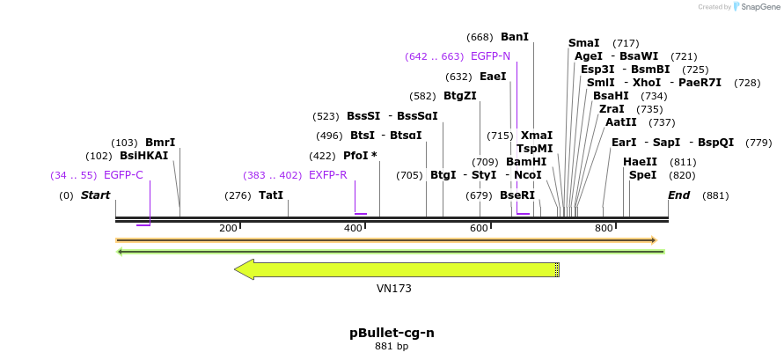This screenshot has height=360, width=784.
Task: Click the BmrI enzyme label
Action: click(160, 142)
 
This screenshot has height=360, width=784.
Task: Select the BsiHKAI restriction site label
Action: click(143, 156)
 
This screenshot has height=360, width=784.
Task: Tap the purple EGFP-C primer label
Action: click(123, 175)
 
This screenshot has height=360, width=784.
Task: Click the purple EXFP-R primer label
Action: click(327, 175)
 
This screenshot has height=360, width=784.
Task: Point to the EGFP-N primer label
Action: click(490, 56)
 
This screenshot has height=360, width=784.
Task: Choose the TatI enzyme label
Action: click(271, 195)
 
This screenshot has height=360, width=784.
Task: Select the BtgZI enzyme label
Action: click(459, 96)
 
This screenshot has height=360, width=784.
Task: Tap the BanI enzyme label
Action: click(515, 37)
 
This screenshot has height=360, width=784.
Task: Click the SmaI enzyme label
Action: click(584, 43)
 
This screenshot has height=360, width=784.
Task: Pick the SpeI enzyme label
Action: click(642, 175)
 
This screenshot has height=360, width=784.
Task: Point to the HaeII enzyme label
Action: click(640, 162)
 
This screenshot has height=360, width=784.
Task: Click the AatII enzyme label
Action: click(621, 122)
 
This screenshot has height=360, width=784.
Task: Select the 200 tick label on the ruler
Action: click(228, 229)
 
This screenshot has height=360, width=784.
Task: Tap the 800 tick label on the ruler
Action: click(604, 229)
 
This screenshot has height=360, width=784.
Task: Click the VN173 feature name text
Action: click(394, 288)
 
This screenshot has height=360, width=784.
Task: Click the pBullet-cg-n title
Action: click(392, 333)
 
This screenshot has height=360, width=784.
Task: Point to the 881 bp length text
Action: click(392, 347)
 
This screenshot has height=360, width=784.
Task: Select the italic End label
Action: click(678, 195)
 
